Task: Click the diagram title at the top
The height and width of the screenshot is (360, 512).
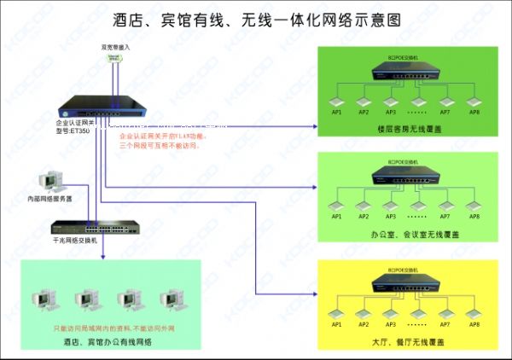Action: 256,18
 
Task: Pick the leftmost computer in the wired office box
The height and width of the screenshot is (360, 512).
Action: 42,300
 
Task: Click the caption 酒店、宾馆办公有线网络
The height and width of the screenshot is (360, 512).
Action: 108,342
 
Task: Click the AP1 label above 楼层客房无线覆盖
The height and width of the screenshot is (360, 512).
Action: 337,112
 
